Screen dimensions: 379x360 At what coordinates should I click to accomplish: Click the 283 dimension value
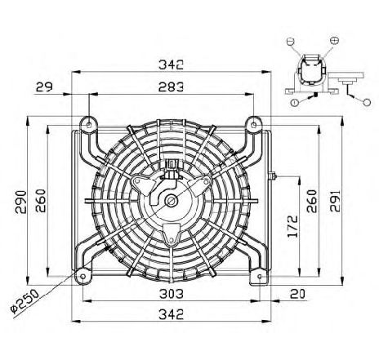coord(171,87)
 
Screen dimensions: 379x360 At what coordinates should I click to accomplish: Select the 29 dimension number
coord(44,87)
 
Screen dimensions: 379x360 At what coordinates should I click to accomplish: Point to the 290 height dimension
coord(20,202)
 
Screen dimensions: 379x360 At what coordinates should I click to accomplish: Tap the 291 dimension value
coord(335,201)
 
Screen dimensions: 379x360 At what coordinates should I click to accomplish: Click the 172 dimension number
coord(292,226)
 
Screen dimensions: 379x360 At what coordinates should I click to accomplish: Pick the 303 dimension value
coord(172,294)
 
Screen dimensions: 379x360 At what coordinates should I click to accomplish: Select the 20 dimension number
coord(297,294)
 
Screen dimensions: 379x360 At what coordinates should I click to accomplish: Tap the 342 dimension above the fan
coord(171,64)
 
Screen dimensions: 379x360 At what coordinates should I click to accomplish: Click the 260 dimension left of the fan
coord(41,201)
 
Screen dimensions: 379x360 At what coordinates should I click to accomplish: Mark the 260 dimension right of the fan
coord(312,202)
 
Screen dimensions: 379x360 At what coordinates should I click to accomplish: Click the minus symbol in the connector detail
coord(291,42)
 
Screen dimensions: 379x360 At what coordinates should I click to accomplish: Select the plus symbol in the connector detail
coord(334,40)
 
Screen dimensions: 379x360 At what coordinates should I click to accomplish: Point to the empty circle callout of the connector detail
coord(367,102)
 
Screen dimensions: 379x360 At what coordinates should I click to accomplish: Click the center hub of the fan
coord(172,201)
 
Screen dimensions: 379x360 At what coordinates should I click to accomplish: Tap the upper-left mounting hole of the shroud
coord(89,125)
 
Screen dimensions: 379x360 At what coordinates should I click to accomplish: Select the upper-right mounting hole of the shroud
coord(254,125)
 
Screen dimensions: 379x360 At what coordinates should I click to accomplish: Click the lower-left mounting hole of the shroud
coord(83,277)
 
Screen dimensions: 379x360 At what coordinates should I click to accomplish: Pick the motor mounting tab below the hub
coord(172,234)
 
